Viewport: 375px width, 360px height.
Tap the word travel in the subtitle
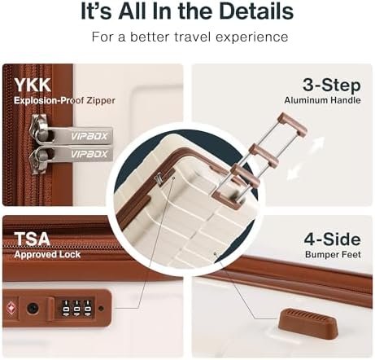[x=192, y=37]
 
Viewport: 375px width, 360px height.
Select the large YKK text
[x=33, y=85]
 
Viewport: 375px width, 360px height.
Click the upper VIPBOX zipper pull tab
[x=81, y=135]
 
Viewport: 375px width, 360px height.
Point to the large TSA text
[x=32, y=239]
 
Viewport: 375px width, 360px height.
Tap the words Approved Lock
[x=47, y=255]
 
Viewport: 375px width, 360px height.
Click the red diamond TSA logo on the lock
[x=11, y=309]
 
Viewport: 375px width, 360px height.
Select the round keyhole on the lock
[x=33, y=309]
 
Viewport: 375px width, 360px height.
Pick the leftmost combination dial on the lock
[x=66, y=309]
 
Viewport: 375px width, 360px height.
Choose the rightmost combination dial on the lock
[x=87, y=309]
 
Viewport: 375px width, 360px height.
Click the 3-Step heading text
[x=331, y=86]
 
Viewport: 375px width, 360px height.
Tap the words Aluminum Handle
[x=322, y=100]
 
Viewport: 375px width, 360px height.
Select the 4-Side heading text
[x=332, y=239]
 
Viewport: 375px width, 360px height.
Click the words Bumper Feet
[x=333, y=255]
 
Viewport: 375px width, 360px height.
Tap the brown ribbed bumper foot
[x=308, y=323]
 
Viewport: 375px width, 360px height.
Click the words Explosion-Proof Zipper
[x=64, y=100]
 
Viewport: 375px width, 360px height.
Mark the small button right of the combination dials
[x=101, y=309]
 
